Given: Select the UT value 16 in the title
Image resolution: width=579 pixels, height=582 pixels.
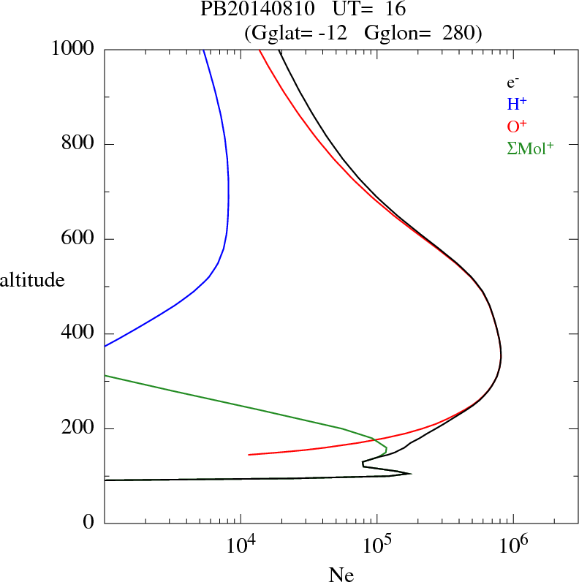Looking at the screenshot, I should point(385,10).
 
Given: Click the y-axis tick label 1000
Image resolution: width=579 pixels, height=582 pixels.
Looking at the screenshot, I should point(73,49).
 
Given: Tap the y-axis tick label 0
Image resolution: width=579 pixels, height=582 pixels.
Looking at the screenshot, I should point(90,523).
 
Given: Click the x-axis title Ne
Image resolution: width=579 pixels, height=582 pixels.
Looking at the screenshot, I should point(341,575).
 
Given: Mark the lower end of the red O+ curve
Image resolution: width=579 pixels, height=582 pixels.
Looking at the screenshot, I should point(249,455).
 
